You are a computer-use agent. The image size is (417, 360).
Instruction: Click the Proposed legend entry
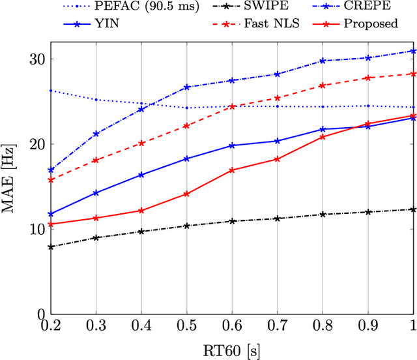point(371,24)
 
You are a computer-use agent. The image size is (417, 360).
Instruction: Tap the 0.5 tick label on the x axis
point(186,325)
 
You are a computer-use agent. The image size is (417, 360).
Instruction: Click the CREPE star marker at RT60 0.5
point(186,87)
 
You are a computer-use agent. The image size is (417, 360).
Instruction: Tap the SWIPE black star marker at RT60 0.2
point(50,247)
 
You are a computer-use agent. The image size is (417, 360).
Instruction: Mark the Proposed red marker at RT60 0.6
point(232,170)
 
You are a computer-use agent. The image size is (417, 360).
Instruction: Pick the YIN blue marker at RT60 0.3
point(96,193)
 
